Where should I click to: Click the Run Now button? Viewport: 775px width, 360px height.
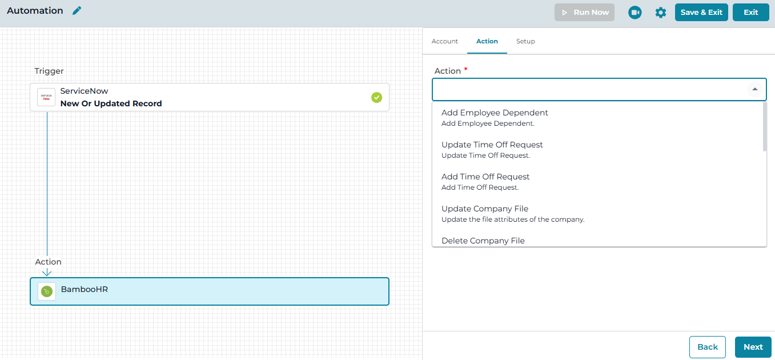coord(584,13)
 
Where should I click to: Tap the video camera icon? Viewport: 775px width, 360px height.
coord(635,13)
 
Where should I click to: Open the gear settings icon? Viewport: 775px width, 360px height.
coord(660,13)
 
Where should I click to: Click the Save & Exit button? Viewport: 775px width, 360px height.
coord(701,13)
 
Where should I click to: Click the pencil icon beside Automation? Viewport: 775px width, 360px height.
coord(77,11)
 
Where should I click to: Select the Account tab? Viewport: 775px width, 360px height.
coord(444,41)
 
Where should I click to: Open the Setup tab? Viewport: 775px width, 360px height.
coord(525,41)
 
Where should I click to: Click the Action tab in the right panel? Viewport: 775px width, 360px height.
coord(487,41)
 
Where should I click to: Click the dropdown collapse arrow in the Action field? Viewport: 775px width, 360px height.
coord(755,89)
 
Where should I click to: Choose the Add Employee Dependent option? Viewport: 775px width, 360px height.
coord(495,117)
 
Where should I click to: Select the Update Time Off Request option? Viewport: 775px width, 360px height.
coord(492,150)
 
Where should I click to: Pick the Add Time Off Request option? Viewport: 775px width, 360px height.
coord(485,181)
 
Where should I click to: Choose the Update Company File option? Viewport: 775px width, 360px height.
coord(513,214)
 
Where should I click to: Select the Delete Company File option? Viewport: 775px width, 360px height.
coord(483,241)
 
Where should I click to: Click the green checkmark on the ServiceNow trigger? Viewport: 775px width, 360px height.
coord(377,98)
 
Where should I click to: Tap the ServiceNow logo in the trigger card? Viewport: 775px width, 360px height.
coord(46,97)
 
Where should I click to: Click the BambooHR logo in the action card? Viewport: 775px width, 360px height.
coord(47,291)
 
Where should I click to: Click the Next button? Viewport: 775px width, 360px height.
coord(753,347)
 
